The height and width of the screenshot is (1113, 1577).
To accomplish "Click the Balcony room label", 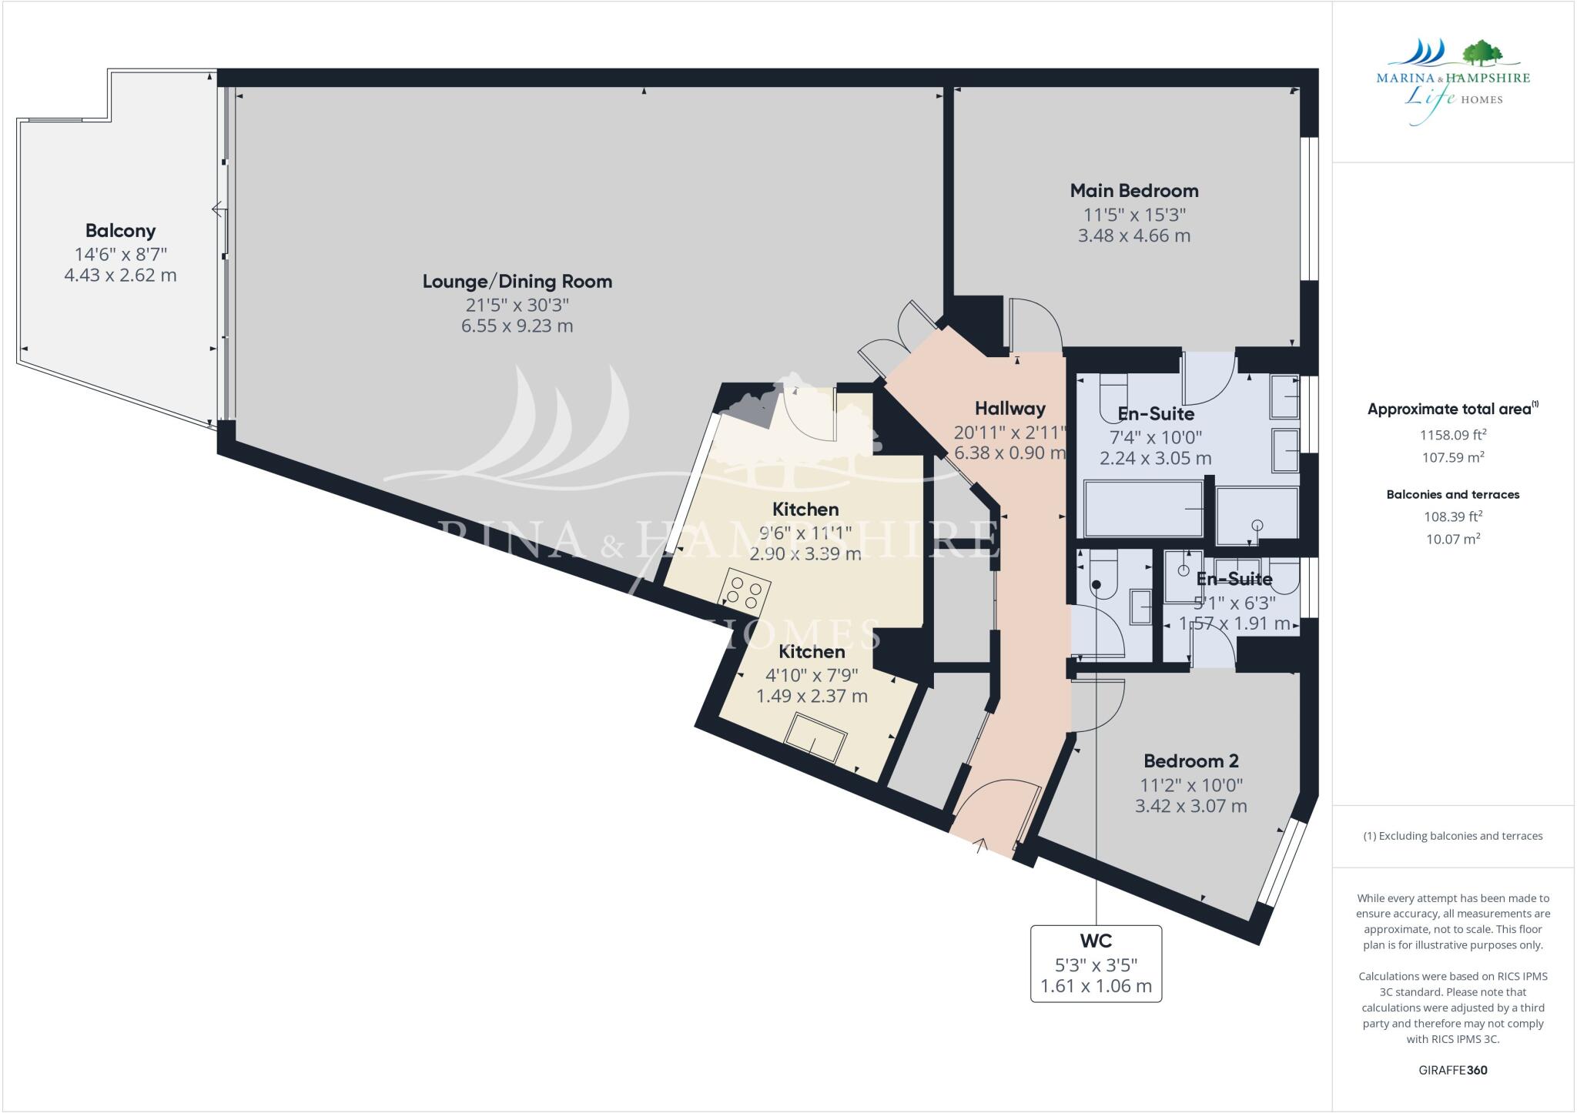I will point(120,230).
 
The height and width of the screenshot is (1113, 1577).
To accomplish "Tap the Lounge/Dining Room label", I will point(517,281).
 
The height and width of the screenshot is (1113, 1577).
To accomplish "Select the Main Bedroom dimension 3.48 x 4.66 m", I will point(1133,236).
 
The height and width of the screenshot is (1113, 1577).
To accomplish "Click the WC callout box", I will point(1095,963).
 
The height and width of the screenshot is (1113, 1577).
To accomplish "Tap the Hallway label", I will point(1009,408).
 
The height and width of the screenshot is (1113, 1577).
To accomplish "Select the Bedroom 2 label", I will point(1190,761).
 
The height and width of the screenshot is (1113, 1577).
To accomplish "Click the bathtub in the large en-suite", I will point(1143,508).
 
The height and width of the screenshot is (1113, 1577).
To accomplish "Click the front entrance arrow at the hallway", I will point(980,846).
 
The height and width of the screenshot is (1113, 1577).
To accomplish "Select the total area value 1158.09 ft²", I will point(1452,435).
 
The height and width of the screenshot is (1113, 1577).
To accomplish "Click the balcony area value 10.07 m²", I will point(1452,539).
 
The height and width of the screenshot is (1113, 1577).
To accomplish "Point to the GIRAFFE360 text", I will point(1452,1070).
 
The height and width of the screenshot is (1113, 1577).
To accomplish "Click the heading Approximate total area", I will point(1452,409).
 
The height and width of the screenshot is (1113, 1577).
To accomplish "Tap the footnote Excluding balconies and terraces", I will point(1452,836).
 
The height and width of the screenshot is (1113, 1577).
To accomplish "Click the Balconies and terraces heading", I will point(1452,494).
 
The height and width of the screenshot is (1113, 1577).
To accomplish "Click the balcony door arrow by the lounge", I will point(219,209).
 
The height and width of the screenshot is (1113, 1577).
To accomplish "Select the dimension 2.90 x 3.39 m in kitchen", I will point(805,553).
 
